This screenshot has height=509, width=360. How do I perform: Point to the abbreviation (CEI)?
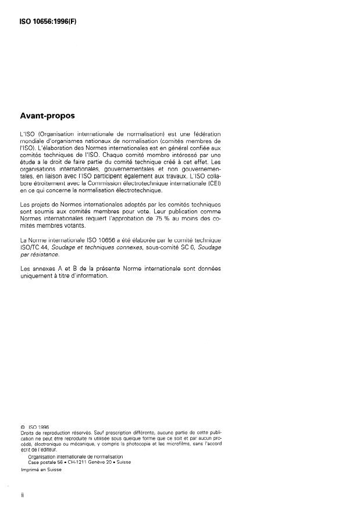pyautogui.click(x=213, y=184)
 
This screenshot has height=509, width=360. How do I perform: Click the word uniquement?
pyautogui.click(x=37, y=275)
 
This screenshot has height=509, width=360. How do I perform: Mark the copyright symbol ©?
pyautogui.click(x=22, y=426)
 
